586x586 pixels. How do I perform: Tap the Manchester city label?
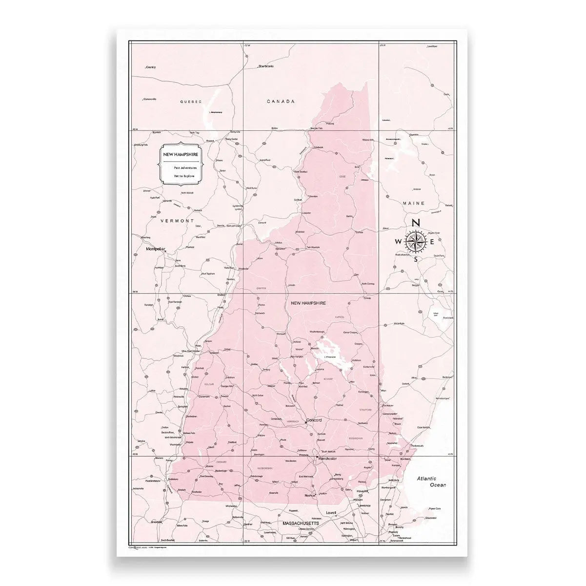[327, 459]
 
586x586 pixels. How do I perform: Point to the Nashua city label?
[310, 495]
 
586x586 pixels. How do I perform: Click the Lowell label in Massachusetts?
[332, 513]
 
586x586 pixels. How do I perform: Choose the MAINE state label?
[414, 203]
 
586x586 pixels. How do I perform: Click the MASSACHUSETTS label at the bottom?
[301, 523]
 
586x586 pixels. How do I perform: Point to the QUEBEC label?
[190, 102]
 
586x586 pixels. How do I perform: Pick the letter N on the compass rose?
[416, 223]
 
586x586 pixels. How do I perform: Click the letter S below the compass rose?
[416, 259]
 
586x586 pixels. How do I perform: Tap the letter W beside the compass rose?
[399, 241]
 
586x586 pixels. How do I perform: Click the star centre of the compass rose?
[416, 241]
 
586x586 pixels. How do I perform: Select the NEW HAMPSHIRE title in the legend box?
[181, 154]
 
